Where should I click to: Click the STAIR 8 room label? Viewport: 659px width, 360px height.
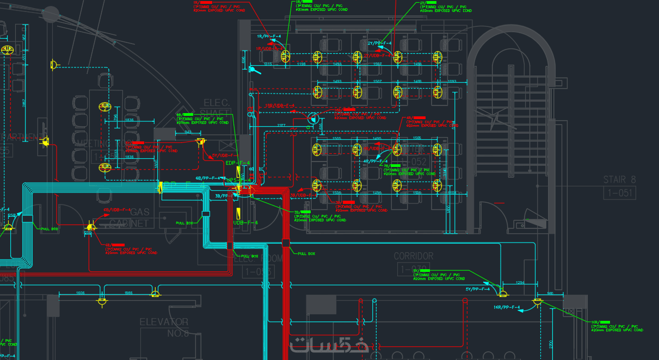click(619, 179)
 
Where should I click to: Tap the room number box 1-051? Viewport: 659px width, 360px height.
click(619, 192)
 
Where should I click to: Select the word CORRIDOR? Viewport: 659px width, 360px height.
click(414, 256)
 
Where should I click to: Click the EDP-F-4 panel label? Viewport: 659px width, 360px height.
click(238, 163)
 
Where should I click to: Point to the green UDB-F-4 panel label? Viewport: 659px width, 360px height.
click(245, 222)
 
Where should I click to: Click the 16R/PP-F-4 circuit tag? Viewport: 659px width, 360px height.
click(507, 308)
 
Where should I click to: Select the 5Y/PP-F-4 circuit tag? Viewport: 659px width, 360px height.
click(477, 289)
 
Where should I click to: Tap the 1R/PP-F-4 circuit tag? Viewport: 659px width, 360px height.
click(269, 36)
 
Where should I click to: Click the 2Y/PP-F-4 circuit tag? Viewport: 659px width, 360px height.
click(379, 43)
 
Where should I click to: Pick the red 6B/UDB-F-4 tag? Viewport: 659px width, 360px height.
click(117, 209)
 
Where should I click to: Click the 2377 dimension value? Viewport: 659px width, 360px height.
click(281, 125)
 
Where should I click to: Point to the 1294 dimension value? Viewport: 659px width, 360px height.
click(520, 283)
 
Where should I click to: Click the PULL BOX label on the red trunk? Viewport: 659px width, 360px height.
click(306, 253)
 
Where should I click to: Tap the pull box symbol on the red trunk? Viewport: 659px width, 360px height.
click(285, 243)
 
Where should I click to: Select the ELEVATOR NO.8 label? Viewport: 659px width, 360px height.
click(164, 327)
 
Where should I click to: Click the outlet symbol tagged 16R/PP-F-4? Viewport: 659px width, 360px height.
click(538, 301)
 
